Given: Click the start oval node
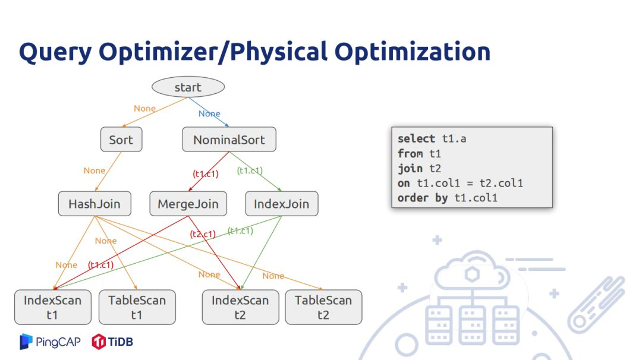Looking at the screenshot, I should [188, 87].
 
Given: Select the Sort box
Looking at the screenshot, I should [121, 140].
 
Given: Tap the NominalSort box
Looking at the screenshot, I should [229, 140].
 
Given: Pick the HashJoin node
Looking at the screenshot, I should [94, 204].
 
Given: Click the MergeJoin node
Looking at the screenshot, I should [188, 204].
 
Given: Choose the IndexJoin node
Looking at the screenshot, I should [281, 204].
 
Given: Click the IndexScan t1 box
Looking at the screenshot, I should [52, 307].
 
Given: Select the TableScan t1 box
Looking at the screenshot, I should [137, 307].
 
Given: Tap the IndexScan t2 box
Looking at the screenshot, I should [240, 307].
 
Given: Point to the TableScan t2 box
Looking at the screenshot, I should [323, 307].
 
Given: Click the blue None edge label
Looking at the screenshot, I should [209, 113].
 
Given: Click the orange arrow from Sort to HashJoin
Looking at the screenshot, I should [106, 172].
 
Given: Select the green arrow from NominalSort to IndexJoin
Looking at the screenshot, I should [255, 173].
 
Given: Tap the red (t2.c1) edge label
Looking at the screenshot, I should [203, 234].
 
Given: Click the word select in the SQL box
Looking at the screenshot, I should [416, 138].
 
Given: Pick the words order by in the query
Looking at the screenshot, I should [423, 198].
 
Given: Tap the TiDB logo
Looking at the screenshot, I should [112, 342].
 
